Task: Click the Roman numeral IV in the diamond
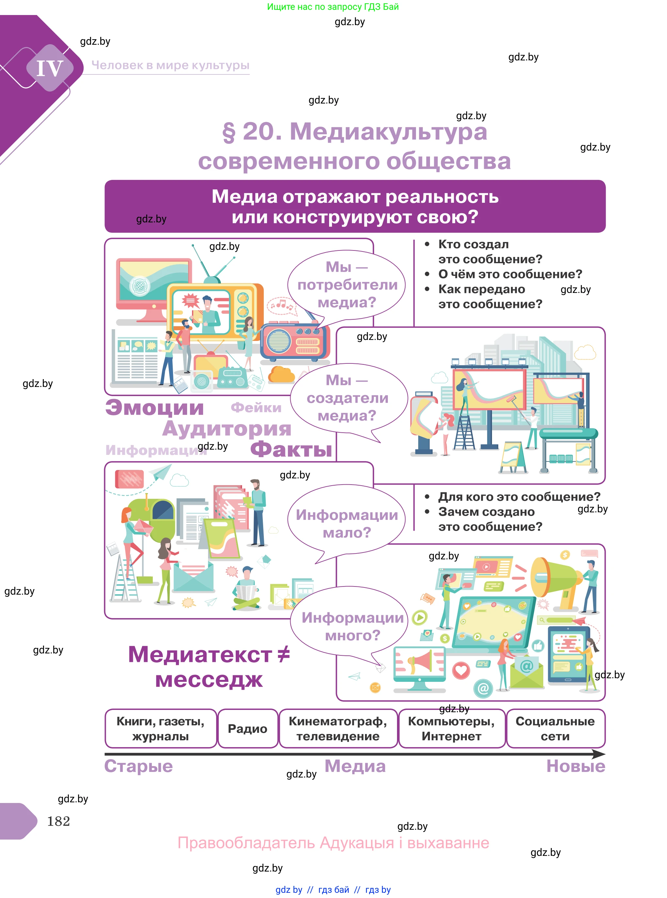50,68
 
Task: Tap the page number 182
58,821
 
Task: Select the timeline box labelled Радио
247,729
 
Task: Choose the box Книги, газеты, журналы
160,729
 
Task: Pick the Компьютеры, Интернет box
452,729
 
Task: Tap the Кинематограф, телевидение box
338,729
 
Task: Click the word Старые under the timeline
138,766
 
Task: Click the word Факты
291,449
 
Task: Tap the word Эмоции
155,408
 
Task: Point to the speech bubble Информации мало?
346,523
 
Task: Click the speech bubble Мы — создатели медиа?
347,398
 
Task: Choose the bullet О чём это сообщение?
510,274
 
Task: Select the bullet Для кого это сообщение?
519,497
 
